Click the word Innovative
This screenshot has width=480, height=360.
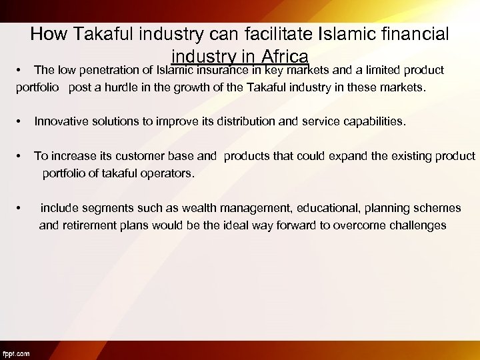pos(62,122)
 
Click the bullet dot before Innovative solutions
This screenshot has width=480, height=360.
pos(21,122)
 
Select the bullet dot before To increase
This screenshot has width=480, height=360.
pos(21,157)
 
